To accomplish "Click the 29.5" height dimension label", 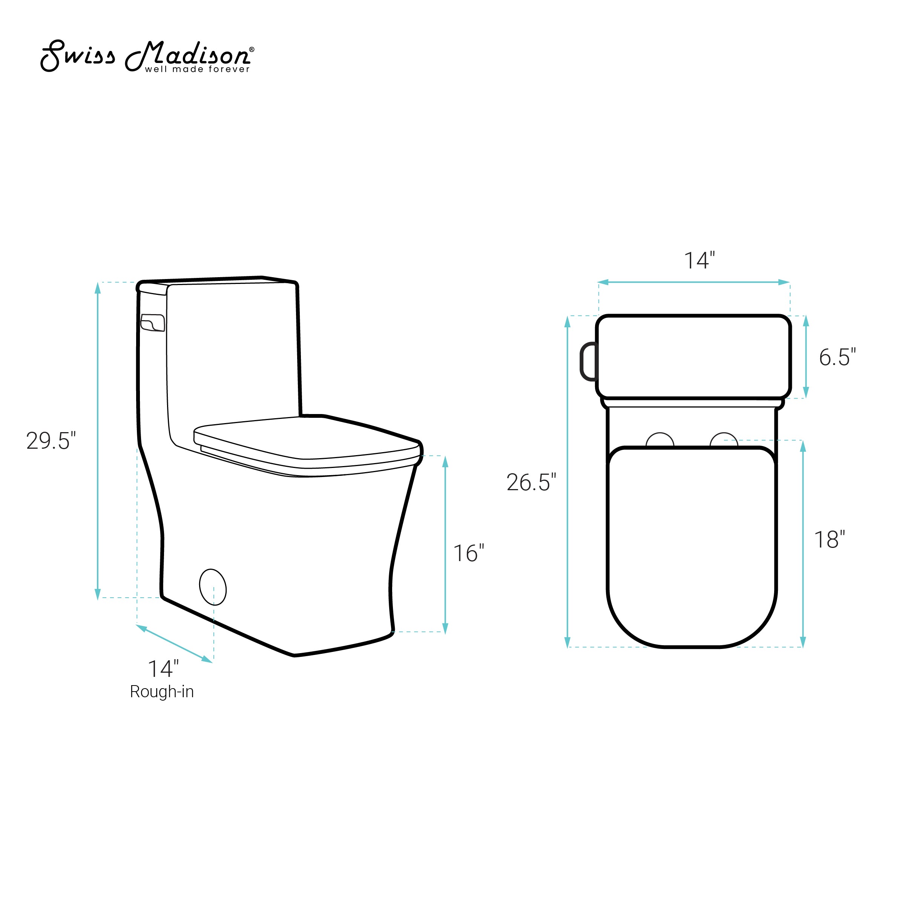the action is pos(51,441).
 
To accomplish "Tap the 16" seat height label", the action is pos(468,553).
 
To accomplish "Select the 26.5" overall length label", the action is pos(531,483).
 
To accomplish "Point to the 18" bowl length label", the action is pos(830,540).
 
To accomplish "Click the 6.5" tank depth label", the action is pos(838,357).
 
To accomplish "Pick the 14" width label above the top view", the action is pos(699,261).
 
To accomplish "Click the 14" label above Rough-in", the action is pos(163,669).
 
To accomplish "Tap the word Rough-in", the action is pos(162,692).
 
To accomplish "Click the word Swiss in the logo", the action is pos(78,56).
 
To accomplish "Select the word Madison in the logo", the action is pos(187,55).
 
